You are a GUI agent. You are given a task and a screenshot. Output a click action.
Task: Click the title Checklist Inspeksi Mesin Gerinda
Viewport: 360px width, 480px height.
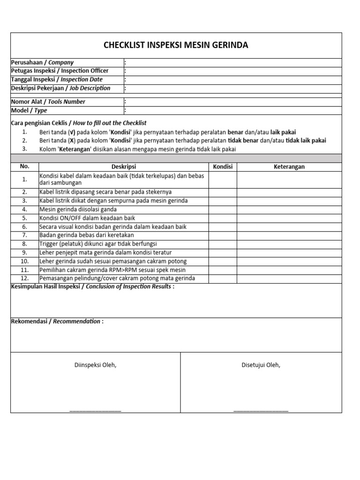coord(176,45)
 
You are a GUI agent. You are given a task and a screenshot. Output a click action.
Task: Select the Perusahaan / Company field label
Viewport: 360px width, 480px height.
coord(42,62)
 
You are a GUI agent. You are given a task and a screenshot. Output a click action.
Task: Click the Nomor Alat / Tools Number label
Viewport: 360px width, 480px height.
coord(48,102)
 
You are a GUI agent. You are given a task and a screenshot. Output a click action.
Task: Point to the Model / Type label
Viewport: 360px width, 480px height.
coord(29,111)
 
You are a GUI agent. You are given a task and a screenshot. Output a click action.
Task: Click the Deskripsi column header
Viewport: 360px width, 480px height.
coord(124,167)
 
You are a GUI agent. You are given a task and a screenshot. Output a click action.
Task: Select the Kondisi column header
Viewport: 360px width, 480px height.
coord(223,167)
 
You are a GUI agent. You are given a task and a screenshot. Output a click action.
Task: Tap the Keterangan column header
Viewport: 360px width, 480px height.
coord(289,167)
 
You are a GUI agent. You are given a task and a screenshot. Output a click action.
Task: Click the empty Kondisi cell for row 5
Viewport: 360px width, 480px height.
coord(223,218)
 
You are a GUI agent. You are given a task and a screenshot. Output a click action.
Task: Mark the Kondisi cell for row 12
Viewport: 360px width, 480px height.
coord(223,278)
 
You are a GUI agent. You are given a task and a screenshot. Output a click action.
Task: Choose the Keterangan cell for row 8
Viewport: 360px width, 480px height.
coord(289,244)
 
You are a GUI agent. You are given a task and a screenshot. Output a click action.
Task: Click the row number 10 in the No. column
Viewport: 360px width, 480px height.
coord(25,262)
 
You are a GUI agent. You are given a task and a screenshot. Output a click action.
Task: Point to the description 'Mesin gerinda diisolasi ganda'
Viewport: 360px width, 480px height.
coord(78,210)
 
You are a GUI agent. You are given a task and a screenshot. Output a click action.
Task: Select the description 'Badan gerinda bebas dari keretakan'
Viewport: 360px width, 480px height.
coord(87,235)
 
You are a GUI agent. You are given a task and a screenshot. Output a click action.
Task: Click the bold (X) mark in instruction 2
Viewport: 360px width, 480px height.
coord(71,141)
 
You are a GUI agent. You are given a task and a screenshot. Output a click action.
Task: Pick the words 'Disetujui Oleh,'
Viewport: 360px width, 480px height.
coord(261,365)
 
